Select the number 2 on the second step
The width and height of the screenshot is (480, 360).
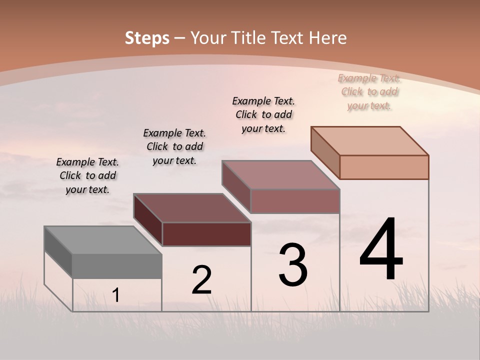tap(201, 280)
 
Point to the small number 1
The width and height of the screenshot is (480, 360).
tap(116, 295)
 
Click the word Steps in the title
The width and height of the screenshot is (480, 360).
tap(147, 38)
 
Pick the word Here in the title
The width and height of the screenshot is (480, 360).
tap(328, 38)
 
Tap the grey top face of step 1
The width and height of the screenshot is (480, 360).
tap(103, 240)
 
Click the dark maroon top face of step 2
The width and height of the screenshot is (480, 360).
tap(192, 208)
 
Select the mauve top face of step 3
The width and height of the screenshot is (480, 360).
tap(281, 175)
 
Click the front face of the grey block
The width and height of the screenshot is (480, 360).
tap(117, 266)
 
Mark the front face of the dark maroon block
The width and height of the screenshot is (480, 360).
tap(206, 234)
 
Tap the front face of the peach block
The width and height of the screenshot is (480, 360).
tap(384, 167)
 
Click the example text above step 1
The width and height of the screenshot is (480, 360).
tap(87, 175)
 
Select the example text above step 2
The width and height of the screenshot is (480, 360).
tap(174, 146)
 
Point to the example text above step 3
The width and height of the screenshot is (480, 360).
tap(263, 114)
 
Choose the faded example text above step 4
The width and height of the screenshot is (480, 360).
tap(369, 91)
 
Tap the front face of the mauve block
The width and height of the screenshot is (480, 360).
tap(295, 201)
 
